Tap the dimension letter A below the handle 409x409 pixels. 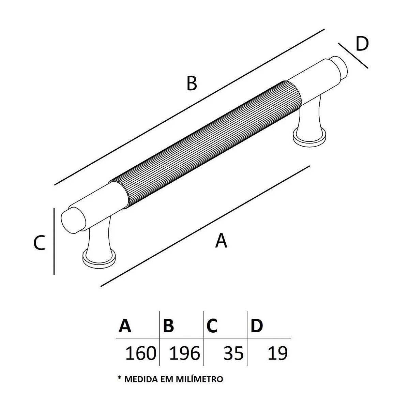(221, 240)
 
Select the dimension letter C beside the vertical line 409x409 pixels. (39, 243)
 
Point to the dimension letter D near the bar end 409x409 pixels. (362, 44)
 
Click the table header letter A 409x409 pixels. (125, 325)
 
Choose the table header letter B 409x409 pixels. (168, 325)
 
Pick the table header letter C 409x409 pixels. (212, 325)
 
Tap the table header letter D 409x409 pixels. (257, 325)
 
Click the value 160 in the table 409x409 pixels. (141, 353)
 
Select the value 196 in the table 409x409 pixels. (185, 353)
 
